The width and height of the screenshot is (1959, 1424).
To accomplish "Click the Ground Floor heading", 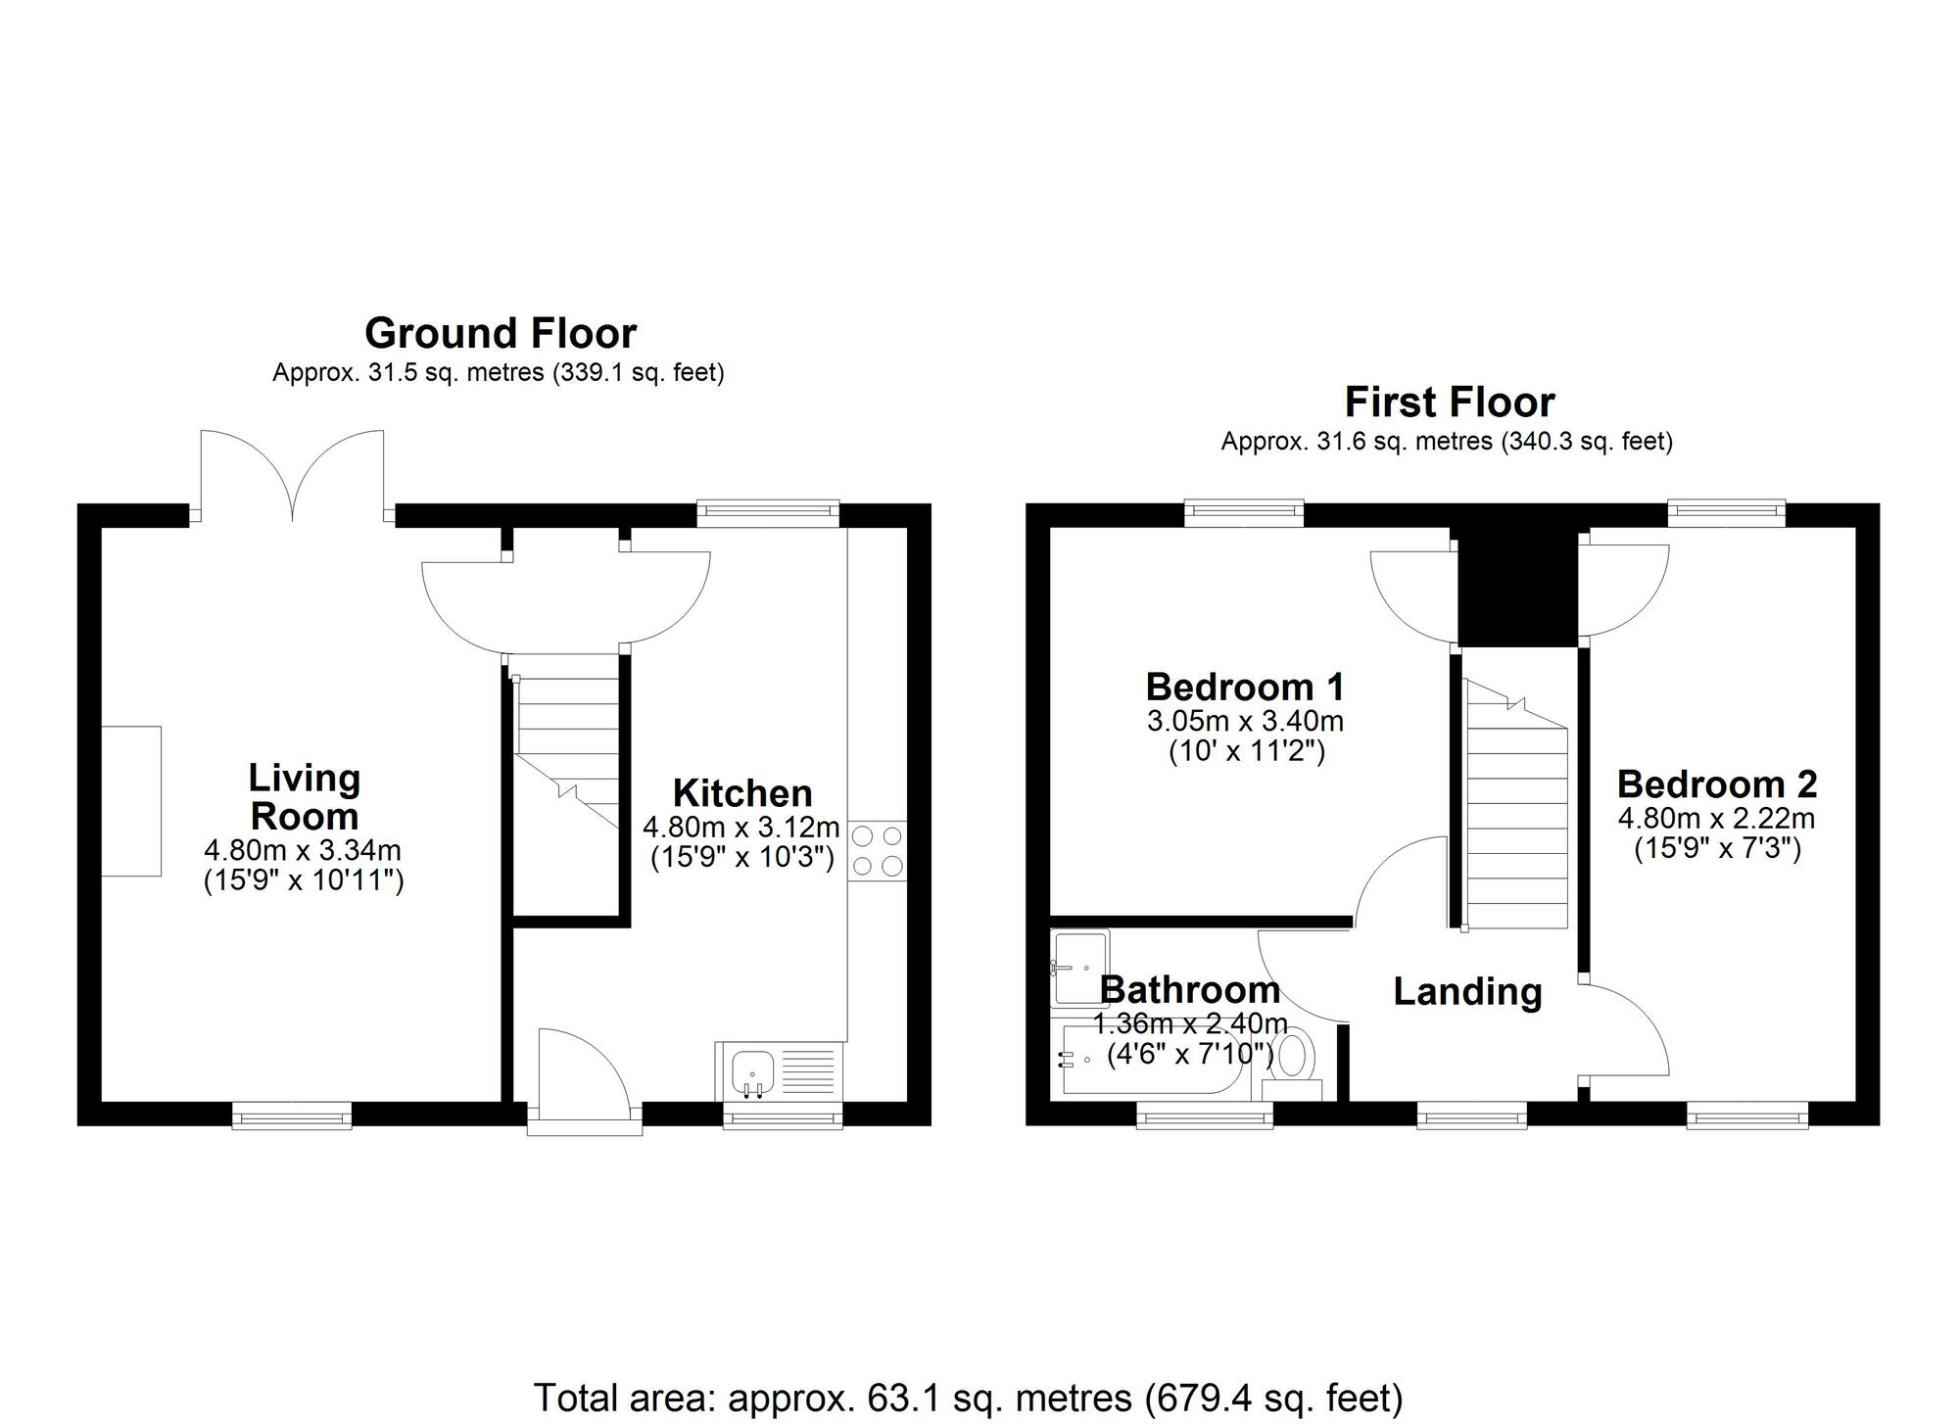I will (501, 334).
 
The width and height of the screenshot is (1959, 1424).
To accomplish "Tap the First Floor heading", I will (1449, 403).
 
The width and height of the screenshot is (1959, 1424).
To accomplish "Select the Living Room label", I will (305, 796).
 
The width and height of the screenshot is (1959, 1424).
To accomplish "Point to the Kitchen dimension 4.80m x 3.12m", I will (741, 827).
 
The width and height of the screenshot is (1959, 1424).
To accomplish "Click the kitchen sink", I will (752, 1069).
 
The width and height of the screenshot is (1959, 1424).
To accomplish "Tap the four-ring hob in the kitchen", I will (878, 850).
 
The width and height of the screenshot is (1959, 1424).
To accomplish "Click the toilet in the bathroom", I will (1296, 1057).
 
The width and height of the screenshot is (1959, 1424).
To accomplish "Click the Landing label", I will (1467, 992).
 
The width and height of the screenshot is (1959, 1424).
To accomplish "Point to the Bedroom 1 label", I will (1245, 687).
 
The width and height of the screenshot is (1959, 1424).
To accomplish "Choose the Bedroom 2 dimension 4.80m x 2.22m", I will (1716, 818).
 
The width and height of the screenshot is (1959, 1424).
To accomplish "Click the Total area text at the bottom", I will (968, 1398).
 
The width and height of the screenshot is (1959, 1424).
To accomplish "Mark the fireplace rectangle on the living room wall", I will (131, 801).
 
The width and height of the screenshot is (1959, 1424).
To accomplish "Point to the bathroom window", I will (1205, 1115).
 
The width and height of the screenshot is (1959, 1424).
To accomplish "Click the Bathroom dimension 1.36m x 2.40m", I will (1190, 1024).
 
